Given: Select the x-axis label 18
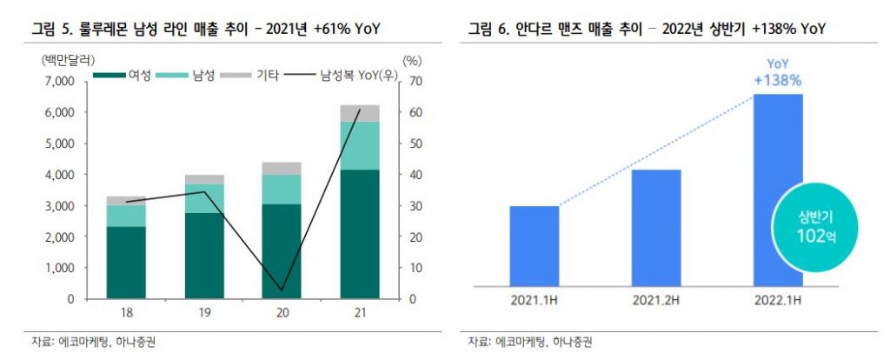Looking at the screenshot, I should [x=126, y=312].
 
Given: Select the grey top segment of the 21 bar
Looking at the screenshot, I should [x=360, y=113].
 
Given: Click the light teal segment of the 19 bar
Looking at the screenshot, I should [x=203, y=198].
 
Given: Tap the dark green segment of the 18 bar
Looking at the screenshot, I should [x=126, y=262].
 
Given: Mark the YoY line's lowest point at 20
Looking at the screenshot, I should [x=281, y=289].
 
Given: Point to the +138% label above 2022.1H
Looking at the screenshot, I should [x=778, y=80].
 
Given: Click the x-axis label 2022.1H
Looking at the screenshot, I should [x=777, y=302].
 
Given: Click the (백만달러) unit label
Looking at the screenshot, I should [x=61, y=60].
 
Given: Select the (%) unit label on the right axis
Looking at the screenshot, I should [x=412, y=60].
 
